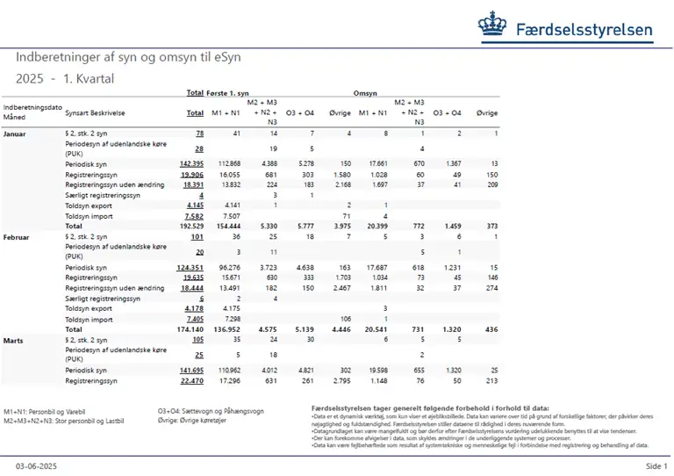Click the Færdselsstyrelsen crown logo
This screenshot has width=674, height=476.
click(498, 27)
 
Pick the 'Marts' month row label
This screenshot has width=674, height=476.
click(14, 339)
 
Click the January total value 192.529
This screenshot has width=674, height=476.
click(190, 226)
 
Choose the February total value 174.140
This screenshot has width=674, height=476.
click(190, 328)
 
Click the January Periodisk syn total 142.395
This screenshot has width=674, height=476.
click(191, 164)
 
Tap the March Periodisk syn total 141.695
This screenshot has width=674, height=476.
click(191, 370)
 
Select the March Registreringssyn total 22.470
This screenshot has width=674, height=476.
click(192, 380)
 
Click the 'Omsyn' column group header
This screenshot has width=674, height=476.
click(364, 92)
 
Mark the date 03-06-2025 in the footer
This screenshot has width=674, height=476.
click(35, 465)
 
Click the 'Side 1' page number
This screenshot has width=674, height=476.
click(656, 465)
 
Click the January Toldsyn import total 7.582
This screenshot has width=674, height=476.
click(193, 215)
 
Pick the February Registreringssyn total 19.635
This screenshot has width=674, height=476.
click(192, 278)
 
